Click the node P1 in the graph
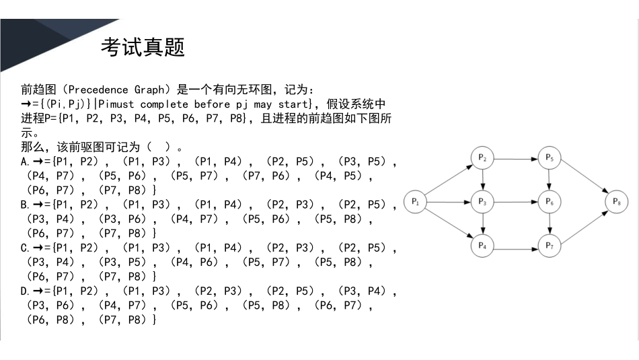coord(416,201)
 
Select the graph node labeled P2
coord(482,158)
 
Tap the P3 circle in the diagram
coord(482,201)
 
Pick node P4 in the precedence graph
coord(482,246)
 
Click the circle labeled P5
coord(550,158)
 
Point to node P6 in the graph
coord(550,201)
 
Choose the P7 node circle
coord(550,246)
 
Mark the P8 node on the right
coord(616,201)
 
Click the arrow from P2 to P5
coord(516,159)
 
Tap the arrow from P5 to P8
coord(583,180)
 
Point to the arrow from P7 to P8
coord(583,225)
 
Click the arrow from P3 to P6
coord(516,201)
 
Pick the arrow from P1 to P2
coord(449,180)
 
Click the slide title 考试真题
coord(143,47)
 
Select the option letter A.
coord(24,161)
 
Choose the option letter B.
coord(24,205)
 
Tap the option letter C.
coord(24,248)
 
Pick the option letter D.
coord(24,291)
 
